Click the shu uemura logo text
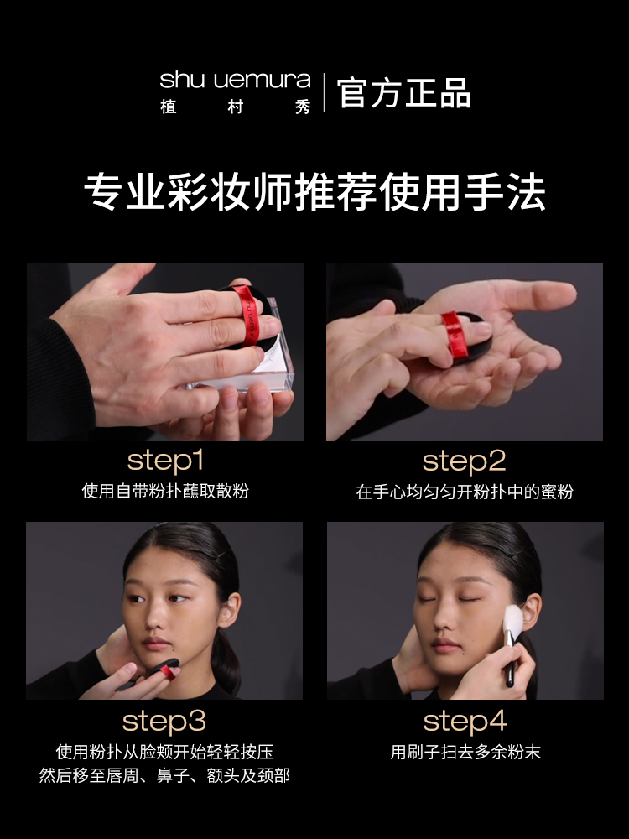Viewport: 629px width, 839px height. [236, 80]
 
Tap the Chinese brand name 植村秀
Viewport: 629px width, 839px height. [236, 107]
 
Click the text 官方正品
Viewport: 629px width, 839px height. [404, 93]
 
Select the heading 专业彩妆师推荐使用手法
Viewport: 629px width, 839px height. [314, 191]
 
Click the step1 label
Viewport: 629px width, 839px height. [165, 461]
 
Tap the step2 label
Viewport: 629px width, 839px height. [465, 461]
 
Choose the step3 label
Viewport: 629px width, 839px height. [164, 721]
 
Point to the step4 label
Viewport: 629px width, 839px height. [465, 721]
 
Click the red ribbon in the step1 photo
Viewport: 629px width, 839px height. [247, 314]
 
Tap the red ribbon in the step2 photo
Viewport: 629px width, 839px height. [455, 334]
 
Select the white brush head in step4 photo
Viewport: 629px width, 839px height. [513, 622]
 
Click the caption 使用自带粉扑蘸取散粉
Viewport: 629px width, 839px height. [165, 491]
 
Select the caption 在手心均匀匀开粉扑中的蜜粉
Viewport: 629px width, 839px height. [465, 491]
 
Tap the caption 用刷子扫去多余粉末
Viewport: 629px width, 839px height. [465, 752]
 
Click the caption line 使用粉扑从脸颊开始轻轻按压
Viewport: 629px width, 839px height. [164, 752]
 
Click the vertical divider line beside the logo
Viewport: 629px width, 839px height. [324, 92]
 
